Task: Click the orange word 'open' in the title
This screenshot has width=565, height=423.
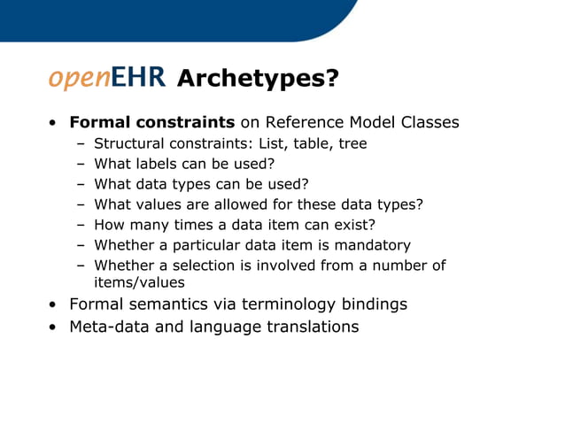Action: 78,78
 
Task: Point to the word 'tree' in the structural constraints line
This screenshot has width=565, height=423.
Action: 352,143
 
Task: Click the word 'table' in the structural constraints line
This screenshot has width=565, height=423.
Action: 306,143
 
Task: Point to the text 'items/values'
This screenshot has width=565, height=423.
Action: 139,282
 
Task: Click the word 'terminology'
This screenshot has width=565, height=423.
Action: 278,304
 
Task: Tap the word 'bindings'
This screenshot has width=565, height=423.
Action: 371,304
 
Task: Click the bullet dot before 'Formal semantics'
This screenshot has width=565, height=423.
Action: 55,305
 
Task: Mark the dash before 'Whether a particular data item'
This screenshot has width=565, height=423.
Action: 80,245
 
